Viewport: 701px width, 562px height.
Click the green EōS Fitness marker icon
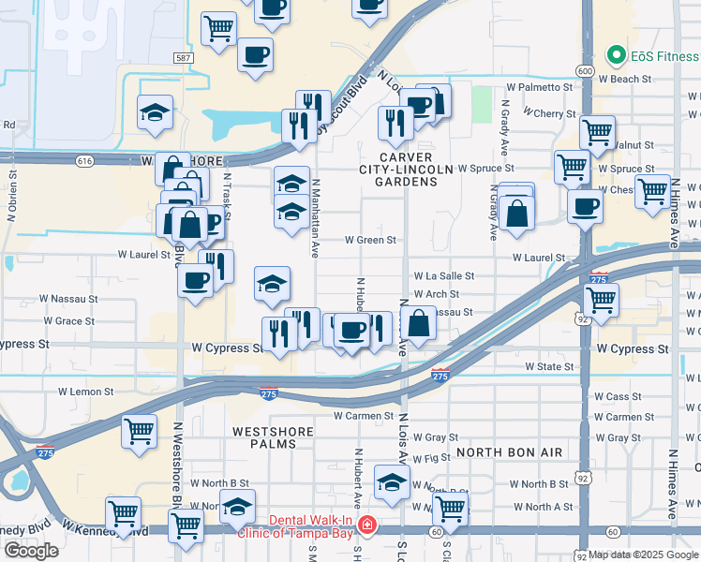616,55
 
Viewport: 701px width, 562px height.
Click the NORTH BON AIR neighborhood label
510,452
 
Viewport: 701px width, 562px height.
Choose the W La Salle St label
444,277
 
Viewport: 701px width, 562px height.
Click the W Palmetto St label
539,87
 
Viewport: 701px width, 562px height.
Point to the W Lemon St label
85,392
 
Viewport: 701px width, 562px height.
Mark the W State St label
548,366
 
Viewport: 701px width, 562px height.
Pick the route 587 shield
184,58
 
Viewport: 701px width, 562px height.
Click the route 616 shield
85,161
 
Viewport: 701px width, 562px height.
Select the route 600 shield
586,71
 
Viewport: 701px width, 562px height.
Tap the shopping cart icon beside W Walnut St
597,132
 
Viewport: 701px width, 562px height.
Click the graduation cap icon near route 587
155,113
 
